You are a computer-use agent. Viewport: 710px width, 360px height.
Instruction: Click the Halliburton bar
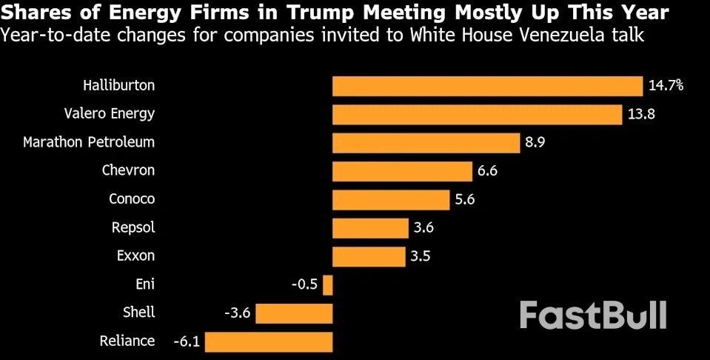487,86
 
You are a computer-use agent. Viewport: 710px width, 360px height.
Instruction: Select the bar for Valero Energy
477,114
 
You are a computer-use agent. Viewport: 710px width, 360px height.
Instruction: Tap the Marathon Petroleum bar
426,143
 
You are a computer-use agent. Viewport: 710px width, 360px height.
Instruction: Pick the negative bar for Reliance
269,341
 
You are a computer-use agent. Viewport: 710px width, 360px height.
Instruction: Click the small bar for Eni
328,285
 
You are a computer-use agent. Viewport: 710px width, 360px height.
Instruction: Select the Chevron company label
128,170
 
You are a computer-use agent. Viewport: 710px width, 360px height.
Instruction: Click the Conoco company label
132,199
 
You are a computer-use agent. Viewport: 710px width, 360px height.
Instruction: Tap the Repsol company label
133,227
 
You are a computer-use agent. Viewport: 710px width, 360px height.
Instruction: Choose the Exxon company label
135,256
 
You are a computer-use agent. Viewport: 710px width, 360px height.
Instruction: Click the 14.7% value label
666,86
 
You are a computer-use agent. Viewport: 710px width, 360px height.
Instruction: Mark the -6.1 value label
186,341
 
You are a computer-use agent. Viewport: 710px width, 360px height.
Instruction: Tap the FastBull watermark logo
592,315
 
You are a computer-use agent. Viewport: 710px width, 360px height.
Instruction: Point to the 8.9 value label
535,143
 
